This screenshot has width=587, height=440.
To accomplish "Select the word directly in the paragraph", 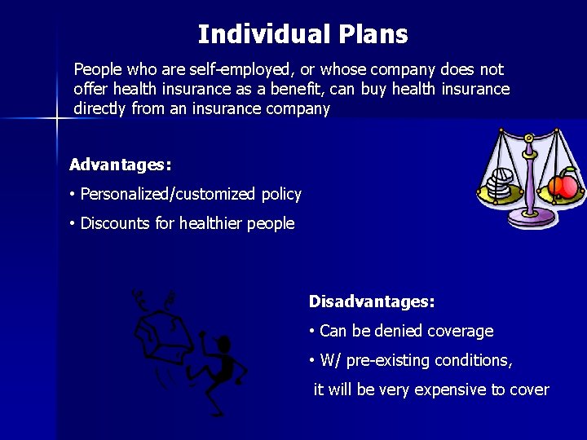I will click(x=99, y=109).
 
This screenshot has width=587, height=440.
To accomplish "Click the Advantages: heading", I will click(x=120, y=165).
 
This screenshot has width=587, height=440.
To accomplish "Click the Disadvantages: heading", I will click(x=372, y=301).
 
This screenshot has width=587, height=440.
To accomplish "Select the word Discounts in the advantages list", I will click(x=114, y=224).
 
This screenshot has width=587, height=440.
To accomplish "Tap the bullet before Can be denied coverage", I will click(x=312, y=332).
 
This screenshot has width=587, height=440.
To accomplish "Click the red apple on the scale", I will click(x=563, y=187).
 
